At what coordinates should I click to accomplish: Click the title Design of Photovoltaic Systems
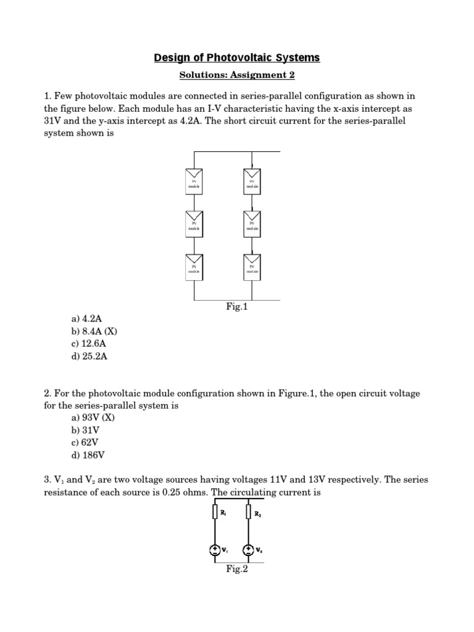coord(237,58)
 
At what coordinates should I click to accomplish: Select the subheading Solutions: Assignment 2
coord(237,75)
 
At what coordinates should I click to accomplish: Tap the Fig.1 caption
coord(237,306)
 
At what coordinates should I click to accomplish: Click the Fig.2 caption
coord(237,569)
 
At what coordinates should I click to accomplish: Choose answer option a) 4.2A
coord(86,318)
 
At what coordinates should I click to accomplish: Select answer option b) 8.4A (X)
coord(94,331)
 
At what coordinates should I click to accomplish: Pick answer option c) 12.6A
coord(89,343)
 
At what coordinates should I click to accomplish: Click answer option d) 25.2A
coord(89,356)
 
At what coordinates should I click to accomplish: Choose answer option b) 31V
coord(85,430)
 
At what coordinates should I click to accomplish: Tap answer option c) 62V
coord(85,443)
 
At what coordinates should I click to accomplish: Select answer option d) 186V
coord(88,455)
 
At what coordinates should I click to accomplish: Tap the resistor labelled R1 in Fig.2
coord(214,512)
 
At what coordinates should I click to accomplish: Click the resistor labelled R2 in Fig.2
coord(248,512)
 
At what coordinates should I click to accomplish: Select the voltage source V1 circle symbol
coord(214,550)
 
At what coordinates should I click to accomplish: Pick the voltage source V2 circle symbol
coord(248,550)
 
